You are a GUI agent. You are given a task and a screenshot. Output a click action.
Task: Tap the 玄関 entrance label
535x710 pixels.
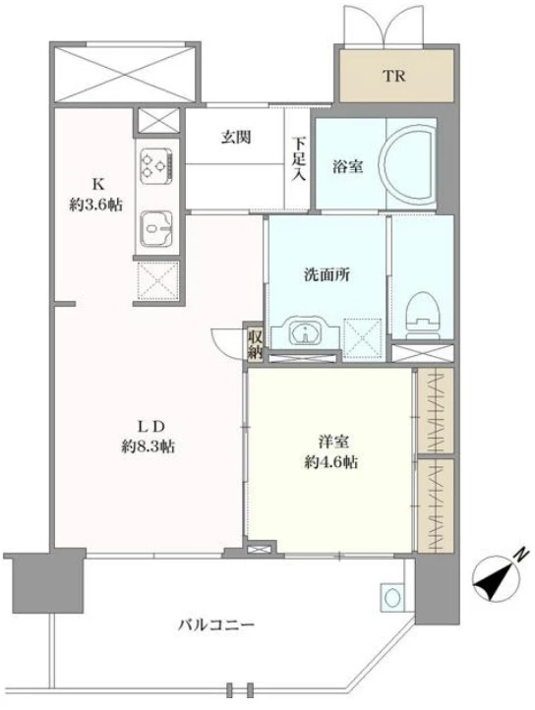click(235, 137)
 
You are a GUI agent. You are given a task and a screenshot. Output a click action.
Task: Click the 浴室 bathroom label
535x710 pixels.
click(348, 166)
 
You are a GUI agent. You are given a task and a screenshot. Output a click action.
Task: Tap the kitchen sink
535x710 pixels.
click(156, 228)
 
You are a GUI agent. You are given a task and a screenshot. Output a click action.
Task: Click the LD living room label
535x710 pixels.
click(149, 426)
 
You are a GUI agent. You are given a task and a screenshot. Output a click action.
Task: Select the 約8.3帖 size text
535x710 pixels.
click(149, 445)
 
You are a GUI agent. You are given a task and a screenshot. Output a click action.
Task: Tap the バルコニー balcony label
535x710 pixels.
click(217, 624)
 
